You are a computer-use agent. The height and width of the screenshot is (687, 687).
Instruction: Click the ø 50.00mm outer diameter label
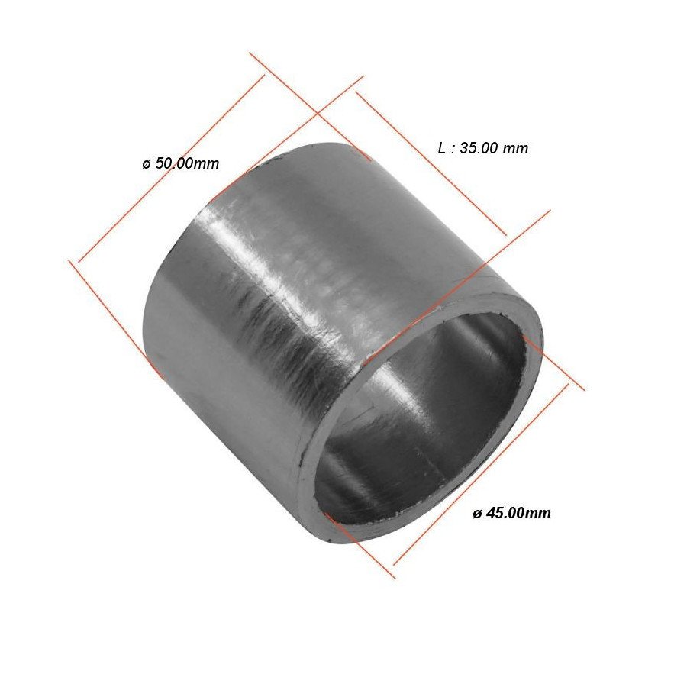[x=180, y=163]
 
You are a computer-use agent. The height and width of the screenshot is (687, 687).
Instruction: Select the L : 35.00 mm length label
[x=482, y=148]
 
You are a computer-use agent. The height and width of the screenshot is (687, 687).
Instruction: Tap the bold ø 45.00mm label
[x=511, y=513]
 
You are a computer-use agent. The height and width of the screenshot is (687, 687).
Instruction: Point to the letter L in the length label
[x=442, y=148]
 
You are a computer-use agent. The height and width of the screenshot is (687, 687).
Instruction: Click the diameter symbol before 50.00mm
[x=146, y=164]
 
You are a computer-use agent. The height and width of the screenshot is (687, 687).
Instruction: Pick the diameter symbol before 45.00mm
[x=477, y=514]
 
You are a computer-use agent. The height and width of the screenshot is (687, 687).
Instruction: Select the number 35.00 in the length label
[x=480, y=148]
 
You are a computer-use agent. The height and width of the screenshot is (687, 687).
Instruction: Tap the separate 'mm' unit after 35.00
[x=517, y=148]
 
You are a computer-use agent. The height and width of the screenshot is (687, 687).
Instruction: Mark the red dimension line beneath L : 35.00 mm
[x=431, y=163]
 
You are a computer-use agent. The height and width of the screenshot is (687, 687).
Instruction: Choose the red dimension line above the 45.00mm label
[x=481, y=473]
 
